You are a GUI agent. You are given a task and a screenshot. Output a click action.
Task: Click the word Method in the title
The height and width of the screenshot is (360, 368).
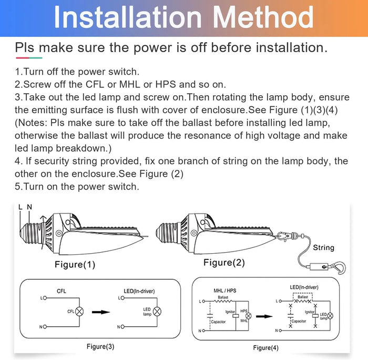coord(263,17)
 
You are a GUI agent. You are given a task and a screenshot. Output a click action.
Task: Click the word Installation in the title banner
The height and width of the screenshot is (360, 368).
coord(128,17)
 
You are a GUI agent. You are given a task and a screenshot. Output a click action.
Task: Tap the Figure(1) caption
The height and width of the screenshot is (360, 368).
coord(75,265)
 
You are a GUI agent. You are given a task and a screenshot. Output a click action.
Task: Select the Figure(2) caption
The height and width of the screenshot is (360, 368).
coord(224,263)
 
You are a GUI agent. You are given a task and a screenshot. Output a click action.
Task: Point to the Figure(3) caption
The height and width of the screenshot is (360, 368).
coord(100,347)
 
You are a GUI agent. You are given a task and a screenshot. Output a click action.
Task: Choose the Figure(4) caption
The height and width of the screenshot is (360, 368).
coord(265,348)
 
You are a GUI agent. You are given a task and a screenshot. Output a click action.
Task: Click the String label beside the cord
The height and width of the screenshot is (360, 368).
coord(324,247)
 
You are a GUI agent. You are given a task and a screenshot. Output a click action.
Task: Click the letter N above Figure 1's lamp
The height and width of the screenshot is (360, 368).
coord(29,207)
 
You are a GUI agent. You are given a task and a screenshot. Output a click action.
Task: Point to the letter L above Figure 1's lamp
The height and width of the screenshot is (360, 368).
coord(21,207)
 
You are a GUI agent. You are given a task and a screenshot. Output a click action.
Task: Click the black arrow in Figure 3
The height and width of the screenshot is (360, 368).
coord(101,312)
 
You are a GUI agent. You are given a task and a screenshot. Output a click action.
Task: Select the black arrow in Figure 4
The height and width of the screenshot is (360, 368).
coord(264,316)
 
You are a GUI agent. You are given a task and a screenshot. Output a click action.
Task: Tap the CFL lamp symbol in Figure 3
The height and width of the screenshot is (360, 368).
coord(79,312)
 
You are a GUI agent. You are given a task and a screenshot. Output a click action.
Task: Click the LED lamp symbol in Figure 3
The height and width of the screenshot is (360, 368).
coord(157,312)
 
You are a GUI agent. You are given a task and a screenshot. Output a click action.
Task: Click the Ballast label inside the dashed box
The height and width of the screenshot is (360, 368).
coord(303,297)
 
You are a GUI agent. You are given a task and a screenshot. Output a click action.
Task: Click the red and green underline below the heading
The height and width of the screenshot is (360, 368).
coord(29,58)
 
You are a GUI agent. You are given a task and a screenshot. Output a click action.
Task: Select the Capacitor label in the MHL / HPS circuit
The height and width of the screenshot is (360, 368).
coord(218,322)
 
